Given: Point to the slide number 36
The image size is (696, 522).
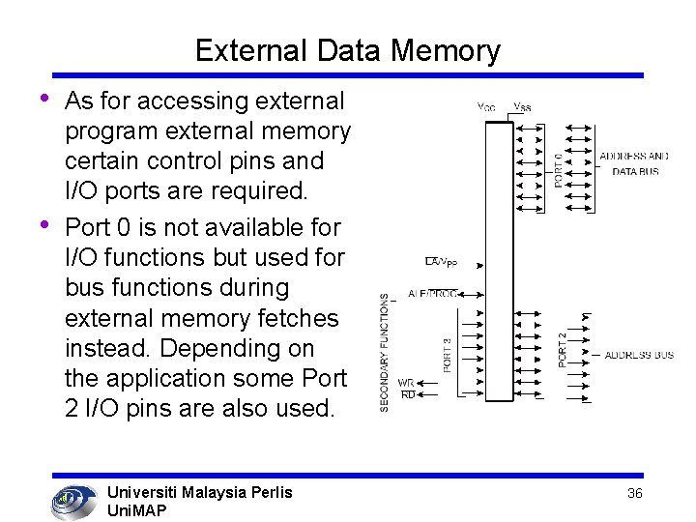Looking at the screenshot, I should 635,493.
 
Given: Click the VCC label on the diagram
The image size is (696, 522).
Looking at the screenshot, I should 486,107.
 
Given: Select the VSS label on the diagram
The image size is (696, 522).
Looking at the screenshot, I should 521,107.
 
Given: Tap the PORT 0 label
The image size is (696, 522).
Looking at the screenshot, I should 559,166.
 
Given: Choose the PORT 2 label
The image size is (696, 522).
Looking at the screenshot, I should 564,349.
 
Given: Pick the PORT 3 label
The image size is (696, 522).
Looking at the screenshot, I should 447,354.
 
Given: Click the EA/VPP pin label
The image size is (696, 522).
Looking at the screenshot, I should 442,261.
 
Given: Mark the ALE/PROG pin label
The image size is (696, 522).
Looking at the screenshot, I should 432,293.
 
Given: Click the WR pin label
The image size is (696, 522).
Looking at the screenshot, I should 406,384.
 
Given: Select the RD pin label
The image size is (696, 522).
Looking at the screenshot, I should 407,394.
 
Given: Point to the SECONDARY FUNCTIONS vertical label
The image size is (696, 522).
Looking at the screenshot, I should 385,353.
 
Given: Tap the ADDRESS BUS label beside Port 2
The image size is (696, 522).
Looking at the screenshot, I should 639,356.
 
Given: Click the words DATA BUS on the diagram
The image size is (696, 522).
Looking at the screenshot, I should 634,171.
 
